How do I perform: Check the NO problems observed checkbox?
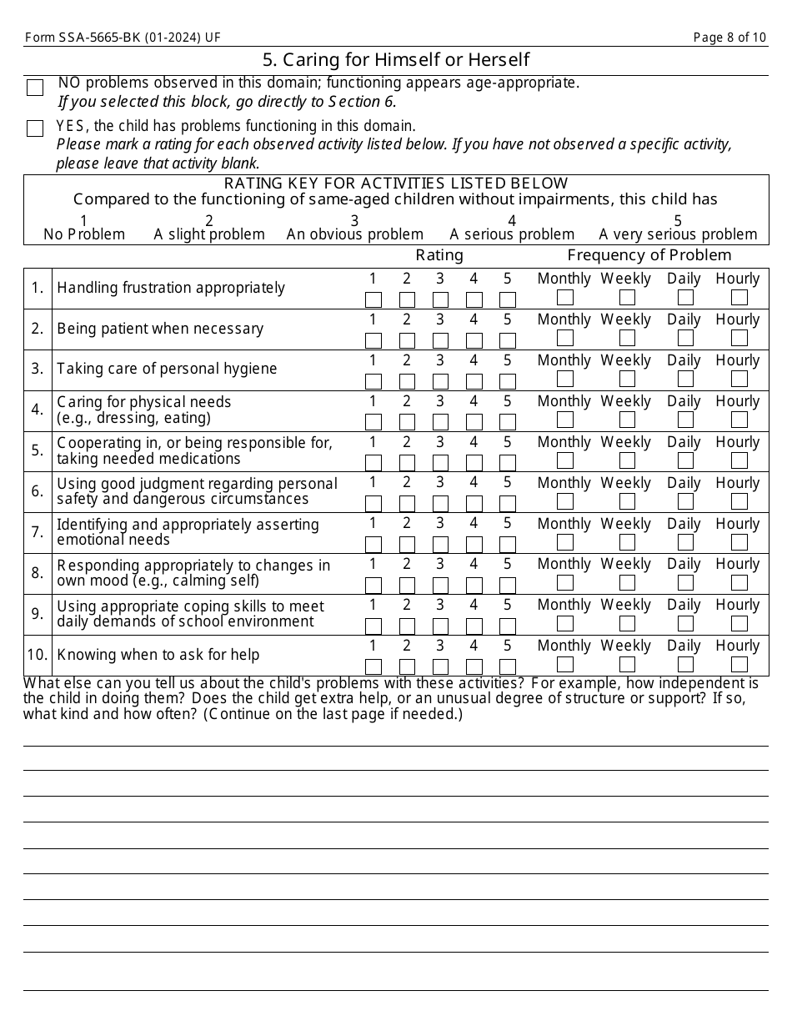pyautogui.click(x=35, y=88)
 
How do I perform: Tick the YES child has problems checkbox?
pyautogui.click(x=35, y=128)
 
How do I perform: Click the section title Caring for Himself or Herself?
pyautogui.click(x=395, y=60)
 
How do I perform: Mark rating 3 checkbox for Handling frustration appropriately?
pyautogui.click(x=440, y=299)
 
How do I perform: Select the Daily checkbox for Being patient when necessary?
pyautogui.click(x=685, y=338)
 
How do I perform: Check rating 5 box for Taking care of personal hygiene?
pyautogui.click(x=508, y=381)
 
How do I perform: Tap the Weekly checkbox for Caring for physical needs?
pyautogui.click(x=627, y=420)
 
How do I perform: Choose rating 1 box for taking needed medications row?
pyautogui.click(x=373, y=463)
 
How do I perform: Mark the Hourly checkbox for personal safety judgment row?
pyautogui.click(x=739, y=501)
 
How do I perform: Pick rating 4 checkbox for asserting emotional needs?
pyautogui.click(x=474, y=545)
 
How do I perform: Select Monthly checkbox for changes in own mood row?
pyautogui.click(x=564, y=583)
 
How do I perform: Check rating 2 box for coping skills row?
pyautogui.click(x=407, y=626)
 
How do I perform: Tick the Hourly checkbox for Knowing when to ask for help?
pyautogui.click(x=739, y=665)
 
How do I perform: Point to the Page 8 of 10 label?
pyautogui.click(x=729, y=38)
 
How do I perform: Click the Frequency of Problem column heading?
pyautogui.click(x=649, y=255)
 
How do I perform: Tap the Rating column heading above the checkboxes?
pyautogui.click(x=439, y=255)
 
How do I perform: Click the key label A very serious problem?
pyautogui.click(x=678, y=234)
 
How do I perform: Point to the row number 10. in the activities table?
pyautogui.click(x=38, y=655)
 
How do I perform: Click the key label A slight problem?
pyautogui.click(x=209, y=234)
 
